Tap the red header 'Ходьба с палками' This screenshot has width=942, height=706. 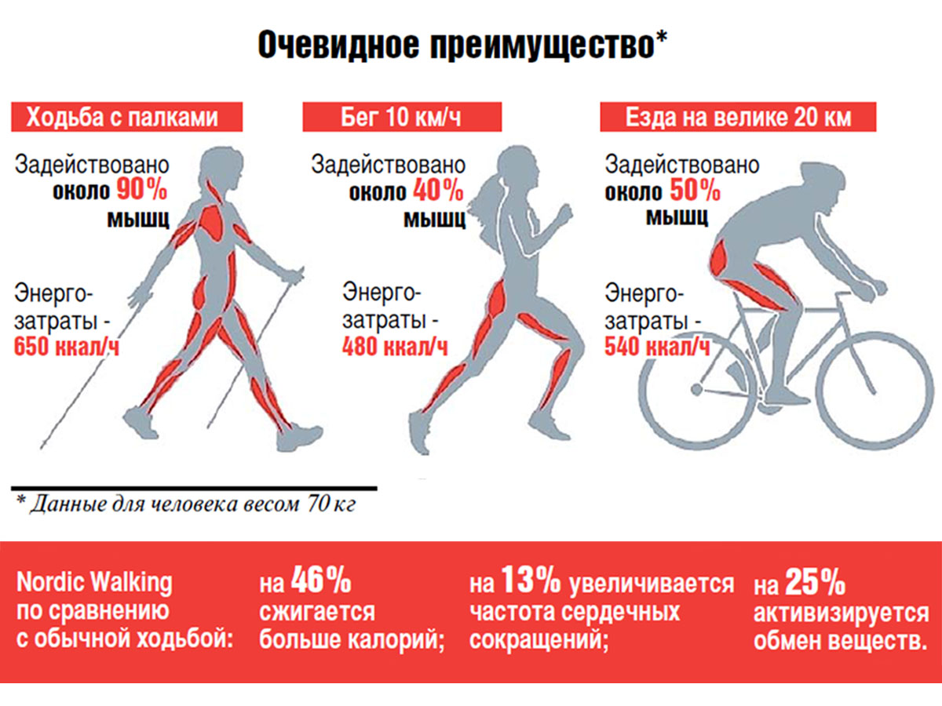pyautogui.click(x=122, y=118)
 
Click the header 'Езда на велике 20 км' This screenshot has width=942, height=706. pyautogui.click(x=738, y=118)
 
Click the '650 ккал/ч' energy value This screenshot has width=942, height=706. pyautogui.click(x=68, y=346)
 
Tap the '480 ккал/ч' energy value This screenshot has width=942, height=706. pyautogui.click(x=394, y=346)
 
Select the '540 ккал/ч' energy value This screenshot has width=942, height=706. pyautogui.click(x=657, y=346)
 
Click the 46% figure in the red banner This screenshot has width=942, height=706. pyautogui.click(x=320, y=582)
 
